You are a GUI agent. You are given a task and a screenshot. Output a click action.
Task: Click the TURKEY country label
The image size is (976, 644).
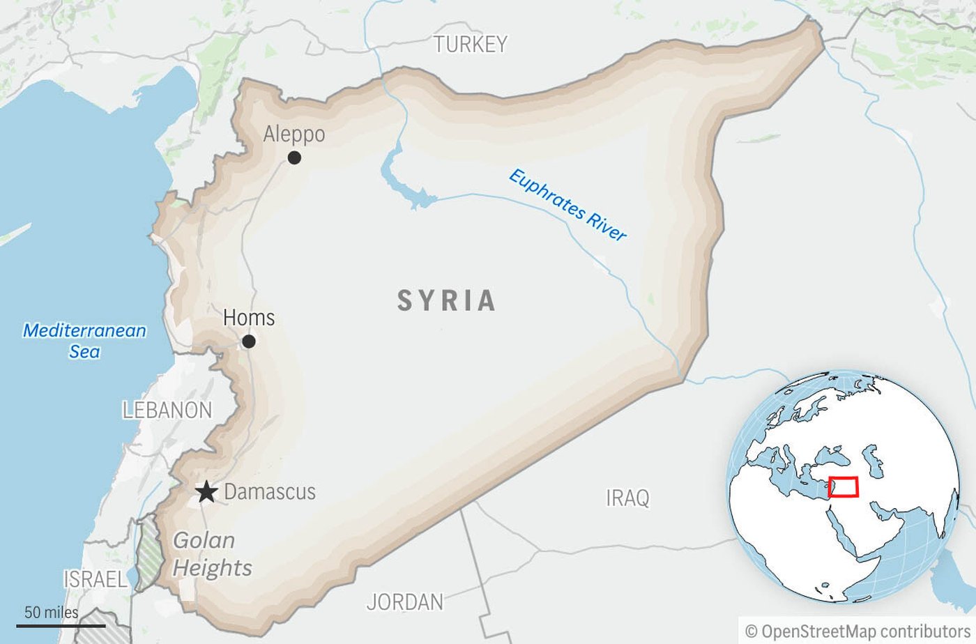(x=471, y=45)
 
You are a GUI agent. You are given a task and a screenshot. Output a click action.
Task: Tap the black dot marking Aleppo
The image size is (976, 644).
(x=294, y=158)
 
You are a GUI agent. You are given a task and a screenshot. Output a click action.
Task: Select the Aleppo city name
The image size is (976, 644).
(x=293, y=134)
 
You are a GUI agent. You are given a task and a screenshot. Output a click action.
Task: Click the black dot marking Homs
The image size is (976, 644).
(x=248, y=342)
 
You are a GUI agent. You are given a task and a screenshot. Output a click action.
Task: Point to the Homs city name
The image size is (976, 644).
(x=249, y=318)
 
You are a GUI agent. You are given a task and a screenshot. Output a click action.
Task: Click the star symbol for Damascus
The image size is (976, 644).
(x=206, y=492)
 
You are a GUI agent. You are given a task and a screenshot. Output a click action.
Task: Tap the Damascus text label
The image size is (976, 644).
(x=270, y=492)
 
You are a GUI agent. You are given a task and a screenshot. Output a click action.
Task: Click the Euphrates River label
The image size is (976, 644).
(x=567, y=206)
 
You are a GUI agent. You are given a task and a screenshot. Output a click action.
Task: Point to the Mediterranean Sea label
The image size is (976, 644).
(x=84, y=341)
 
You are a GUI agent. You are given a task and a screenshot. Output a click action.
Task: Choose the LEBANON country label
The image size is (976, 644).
(x=167, y=411)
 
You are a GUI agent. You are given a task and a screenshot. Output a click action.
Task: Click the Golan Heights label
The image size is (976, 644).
(x=212, y=554)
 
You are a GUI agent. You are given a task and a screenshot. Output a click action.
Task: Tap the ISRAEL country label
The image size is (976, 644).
(x=96, y=579)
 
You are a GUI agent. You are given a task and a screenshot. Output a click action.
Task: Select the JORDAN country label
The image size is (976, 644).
(x=404, y=602)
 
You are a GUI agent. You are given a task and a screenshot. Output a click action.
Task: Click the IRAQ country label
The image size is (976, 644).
(x=627, y=498)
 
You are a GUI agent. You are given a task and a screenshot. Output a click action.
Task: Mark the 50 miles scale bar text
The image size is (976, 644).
(x=52, y=613)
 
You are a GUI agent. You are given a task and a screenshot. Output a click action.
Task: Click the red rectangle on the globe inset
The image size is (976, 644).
(x=844, y=486)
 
